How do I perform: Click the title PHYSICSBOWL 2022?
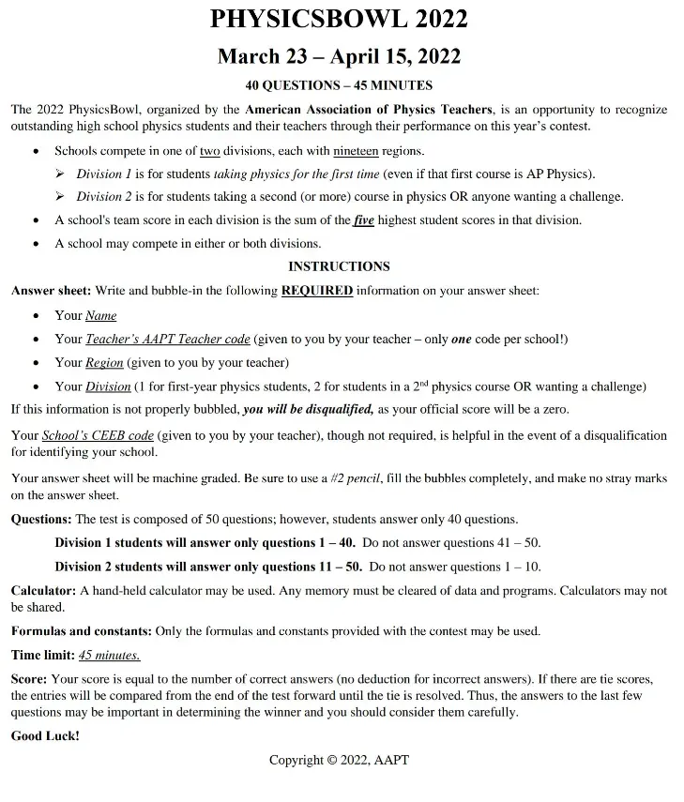(339, 19)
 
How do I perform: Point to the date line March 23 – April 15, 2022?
(339, 56)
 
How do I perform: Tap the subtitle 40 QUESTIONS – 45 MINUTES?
(339, 85)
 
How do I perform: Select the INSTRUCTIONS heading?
(339, 266)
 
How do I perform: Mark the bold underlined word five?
(363, 219)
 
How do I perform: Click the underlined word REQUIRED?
(317, 291)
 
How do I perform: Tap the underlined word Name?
(101, 315)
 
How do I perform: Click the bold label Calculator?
(43, 590)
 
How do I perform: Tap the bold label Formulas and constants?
(81, 630)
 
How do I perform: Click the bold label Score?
(28, 678)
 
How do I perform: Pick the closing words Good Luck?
(45, 736)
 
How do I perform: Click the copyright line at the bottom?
(339, 760)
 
